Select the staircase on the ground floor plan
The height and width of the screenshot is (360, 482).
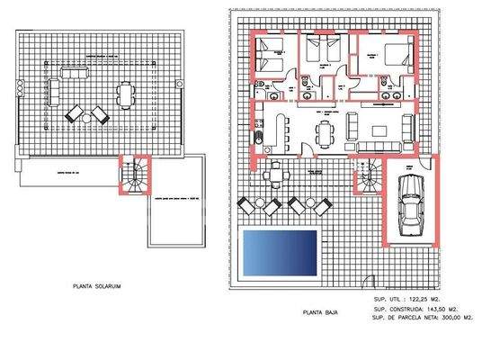coord(367,175)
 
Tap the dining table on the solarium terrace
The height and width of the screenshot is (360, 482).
coord(125,93)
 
